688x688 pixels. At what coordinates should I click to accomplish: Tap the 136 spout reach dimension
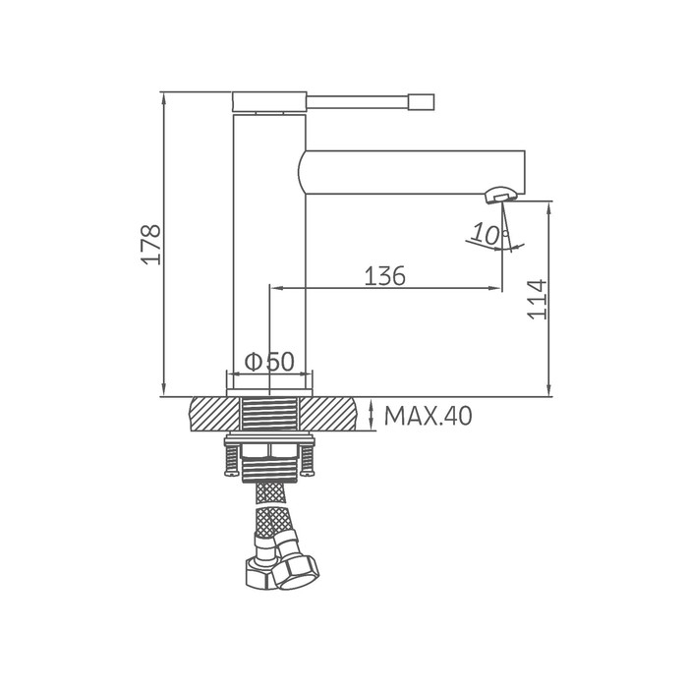[x=385, y=276]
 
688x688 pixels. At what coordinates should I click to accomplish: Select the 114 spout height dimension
[x=537, y=299]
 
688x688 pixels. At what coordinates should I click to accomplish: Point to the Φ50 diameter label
[x=269, y=362]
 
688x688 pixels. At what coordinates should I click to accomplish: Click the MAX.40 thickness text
[x=428, y=416]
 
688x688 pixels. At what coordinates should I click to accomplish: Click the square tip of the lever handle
[x=422, y=102]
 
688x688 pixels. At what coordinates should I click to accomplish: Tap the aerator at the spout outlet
[x=501, y=194]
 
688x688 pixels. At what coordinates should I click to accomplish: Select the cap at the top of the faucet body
[x=269, y=101]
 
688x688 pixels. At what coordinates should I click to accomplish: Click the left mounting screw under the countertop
[x=232, y=460]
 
